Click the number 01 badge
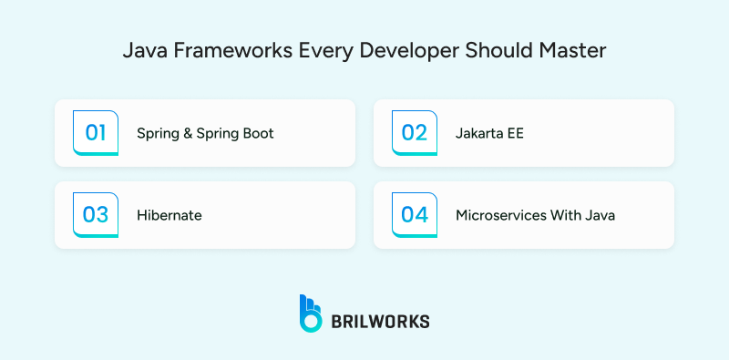point(96,133)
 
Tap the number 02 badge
point(415,133)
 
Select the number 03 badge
point(96,215)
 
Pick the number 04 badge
point(415,215)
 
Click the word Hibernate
point(169,216)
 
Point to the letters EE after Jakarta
point(515,134)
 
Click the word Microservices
point(500,216)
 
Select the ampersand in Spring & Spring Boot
point(187,134)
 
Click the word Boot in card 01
point(258,134)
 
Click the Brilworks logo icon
point(311,313)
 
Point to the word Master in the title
point(577,51)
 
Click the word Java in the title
point(141,51)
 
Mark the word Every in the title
point(323,51)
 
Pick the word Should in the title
point(499,51)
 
